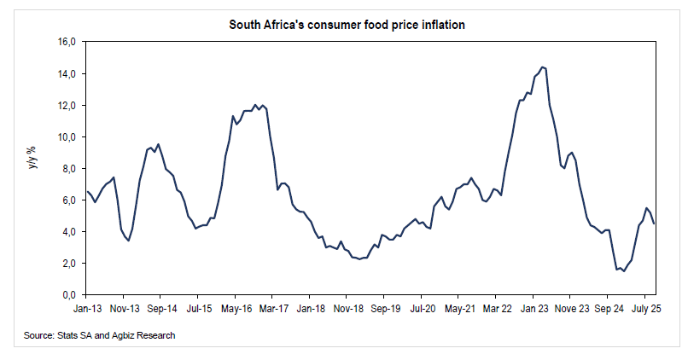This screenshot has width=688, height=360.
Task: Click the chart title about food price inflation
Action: (x=347, y=25)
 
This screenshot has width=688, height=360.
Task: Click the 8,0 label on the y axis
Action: (x=68, y=168)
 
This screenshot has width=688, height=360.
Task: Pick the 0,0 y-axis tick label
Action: (x=68, y=294)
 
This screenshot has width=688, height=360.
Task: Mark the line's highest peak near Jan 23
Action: (x=542, y=67)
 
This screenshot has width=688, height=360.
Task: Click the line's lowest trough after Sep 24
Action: (x=624, y=270)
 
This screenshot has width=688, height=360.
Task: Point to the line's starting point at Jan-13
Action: (x=86, y=191)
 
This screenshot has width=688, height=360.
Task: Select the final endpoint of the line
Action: (x=654, y=224)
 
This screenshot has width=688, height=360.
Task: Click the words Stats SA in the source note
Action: (x=74, y=336)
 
